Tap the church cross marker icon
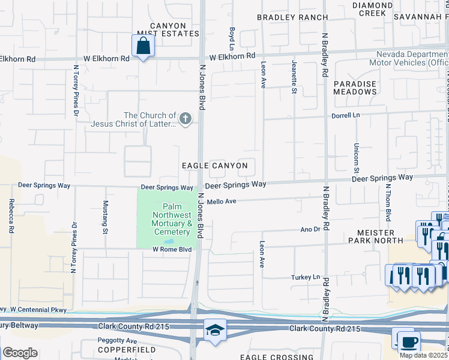coord(185,119)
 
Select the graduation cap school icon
coord(214,331)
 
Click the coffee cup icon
coord(409,341)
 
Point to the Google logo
coord(20,353)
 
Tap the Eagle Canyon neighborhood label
coord(215,165)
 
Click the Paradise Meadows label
coord(355,88)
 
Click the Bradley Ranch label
coord(292,17)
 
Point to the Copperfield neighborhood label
coord(127,349)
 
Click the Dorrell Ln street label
coord(345,115)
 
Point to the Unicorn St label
coord(356,154)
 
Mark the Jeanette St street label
coord(294,76)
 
